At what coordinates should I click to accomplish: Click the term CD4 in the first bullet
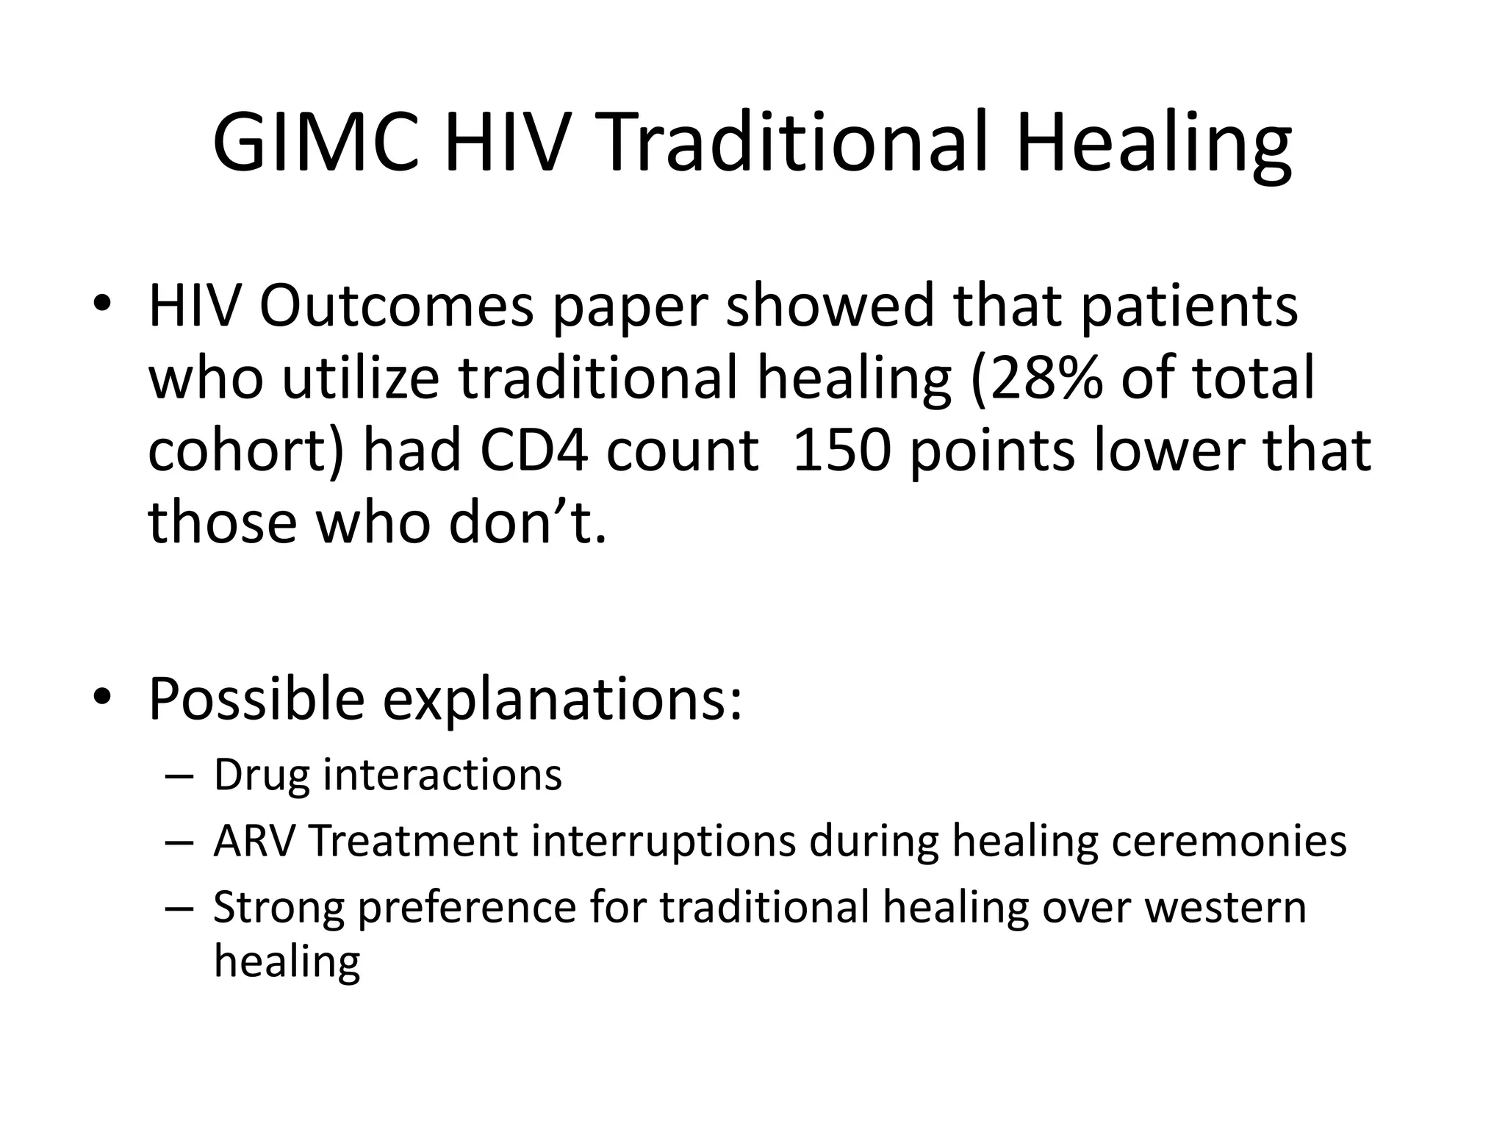point(534,450)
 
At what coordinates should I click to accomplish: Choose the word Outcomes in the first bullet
point(396,307)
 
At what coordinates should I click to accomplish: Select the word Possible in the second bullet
point(256,699)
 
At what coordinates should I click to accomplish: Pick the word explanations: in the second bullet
point(562,699)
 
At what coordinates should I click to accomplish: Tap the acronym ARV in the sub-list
point(254,841)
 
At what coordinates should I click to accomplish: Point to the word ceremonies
point(1229,841)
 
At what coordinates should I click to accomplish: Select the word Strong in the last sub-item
point(279,908)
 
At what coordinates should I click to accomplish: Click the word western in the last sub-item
point(1226,908)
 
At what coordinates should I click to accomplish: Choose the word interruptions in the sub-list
point(664,841)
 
